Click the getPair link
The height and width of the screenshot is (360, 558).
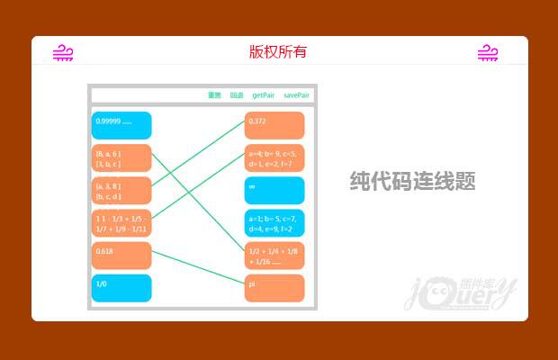pyautogui.click(x=263, y=94)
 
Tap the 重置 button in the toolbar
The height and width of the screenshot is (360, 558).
pyautogui.click(x=214, y=94)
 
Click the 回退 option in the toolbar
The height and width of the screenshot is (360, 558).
pyautogui.click(x=237, y=94)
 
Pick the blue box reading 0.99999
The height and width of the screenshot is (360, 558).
pyautogui.click(x=121, y=125)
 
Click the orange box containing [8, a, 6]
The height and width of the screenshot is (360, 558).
pyautogui.click(x=121, y=158)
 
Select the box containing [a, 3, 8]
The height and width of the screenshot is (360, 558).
pyautogui.click(x=121, y=190)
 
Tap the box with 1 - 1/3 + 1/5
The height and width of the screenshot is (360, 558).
pyautogui.click(x=121, y=222)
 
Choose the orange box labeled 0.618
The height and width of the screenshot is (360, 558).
pyautogui.click(x=121, y=256)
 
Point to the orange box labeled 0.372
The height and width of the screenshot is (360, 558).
pyautogui.click(x=274, y=125)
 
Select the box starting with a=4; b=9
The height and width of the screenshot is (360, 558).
pyautogui.click(x=274, y=158)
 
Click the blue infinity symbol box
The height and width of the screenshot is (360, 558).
pyautogui.click(x=274, y=190)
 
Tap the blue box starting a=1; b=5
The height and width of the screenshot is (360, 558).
pyautogui.click(x=274, y=222)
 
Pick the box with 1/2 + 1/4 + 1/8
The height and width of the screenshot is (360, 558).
pyautogui.click(x=274, y=256)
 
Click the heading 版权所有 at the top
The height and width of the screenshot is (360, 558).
pyautogui.click(x=278, y=51)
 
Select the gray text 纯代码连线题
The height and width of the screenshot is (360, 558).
pyautogui.click(x=412, y=182)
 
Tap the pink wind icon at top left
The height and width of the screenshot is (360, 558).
pyautogui.click(x=63, y=53)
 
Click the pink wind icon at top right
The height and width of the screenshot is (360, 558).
pyautogui.click(x=488, y=53)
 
